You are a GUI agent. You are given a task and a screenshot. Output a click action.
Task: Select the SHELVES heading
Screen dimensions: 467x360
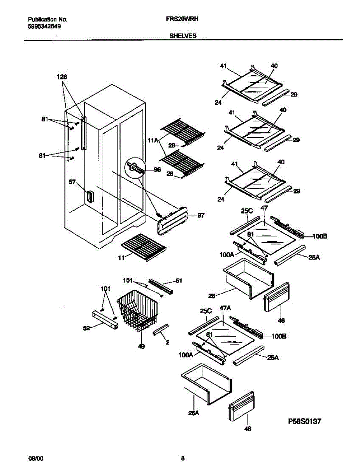(x=183, y=35)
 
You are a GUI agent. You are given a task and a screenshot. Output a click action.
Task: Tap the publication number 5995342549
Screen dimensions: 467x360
(x=44, y=26)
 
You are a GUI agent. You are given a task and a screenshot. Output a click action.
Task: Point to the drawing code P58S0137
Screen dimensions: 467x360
(x=305, y=421)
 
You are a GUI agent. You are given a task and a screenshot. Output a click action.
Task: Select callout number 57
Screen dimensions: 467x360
(x=72, y=182)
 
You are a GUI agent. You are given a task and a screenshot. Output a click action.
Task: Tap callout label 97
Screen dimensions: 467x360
(x=200, y=215)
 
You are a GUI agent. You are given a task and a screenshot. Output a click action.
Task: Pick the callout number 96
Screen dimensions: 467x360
(x=157, y=170)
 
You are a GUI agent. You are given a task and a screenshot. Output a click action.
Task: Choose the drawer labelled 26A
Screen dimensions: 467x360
(x=206, y=383)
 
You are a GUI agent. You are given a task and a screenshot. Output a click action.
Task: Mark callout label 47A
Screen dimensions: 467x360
(x=226, y=308)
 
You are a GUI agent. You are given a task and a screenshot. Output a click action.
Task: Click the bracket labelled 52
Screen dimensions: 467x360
(x=104, y=320)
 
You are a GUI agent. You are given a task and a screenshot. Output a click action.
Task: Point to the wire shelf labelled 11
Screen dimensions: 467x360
(x=144, y=247)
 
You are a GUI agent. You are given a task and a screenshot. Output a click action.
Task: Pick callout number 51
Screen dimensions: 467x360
(x=179, y=280)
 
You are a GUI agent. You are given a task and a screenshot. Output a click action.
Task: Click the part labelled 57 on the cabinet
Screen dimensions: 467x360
(x=90, y=197)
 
